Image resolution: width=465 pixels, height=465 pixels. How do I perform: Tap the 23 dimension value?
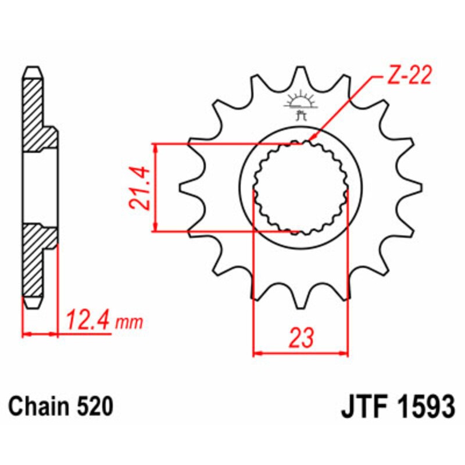(x=301, y=337)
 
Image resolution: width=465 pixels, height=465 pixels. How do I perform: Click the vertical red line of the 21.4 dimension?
(x=155, y=187)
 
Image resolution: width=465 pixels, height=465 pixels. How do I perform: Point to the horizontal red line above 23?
(x=301, y=352)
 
